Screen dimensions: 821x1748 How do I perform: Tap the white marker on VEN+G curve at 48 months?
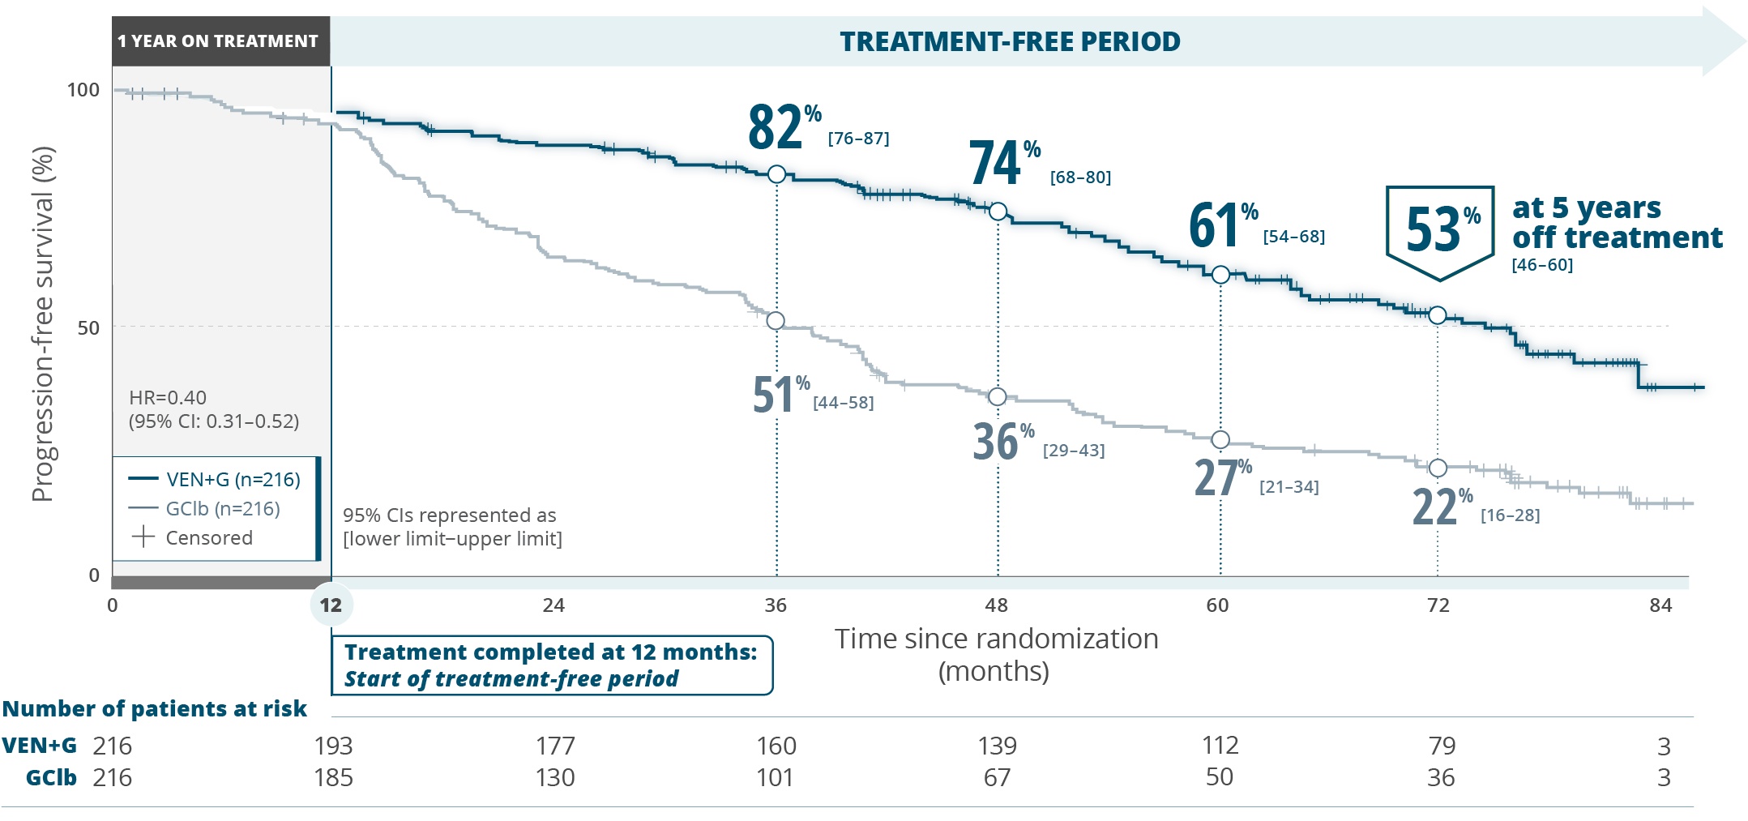pos(998,212)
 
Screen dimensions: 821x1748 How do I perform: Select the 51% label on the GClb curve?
pos(780,396)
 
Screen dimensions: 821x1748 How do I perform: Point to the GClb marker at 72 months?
pos(1438,468)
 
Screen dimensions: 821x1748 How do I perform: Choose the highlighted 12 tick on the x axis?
pos(331,605)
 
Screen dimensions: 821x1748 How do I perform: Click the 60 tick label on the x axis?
pos(1217,605)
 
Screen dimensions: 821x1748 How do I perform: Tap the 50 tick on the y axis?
pos(88,327)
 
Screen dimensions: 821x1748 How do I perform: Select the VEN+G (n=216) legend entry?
pos(215,479)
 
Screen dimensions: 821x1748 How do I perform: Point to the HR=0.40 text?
pos(168,397)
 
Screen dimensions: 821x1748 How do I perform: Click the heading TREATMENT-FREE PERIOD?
pos(1010,41)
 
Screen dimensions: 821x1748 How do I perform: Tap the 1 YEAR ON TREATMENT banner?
pos(219,41)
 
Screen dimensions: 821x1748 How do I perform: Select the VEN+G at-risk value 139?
pos(997,746)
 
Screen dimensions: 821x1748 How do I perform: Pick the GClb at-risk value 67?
pos(997,777)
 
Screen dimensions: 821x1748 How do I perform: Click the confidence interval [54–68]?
pos(1293,237)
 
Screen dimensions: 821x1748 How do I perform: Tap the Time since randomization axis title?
pos(996,654)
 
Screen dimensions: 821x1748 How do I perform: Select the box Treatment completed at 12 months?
pos(551,665)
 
